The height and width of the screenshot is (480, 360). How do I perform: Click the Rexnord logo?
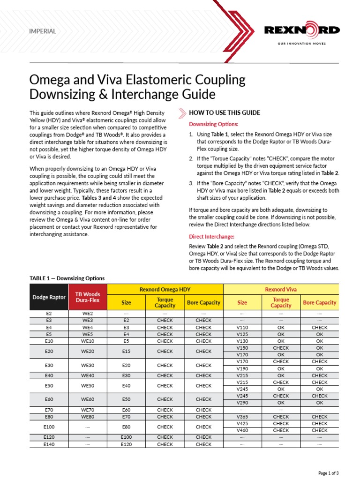click(x=302, y=31)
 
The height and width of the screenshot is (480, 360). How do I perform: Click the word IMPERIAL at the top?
click(x=43, y=31)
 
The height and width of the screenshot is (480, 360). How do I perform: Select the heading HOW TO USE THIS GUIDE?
click(x=224, y=113)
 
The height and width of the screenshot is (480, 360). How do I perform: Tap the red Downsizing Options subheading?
click(x=213, y=124)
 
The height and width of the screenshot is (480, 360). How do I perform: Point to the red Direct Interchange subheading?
click(x=212, y=237)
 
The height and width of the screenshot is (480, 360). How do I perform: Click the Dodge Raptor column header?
click(x=49, y=297)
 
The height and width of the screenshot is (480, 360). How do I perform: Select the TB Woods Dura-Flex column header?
click(x=88, y=297)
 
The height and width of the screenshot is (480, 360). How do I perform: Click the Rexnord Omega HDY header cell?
click(x=165, y=289)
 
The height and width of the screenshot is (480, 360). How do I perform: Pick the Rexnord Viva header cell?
click(x=281, y=289)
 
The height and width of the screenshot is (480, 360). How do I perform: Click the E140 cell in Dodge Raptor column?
click(x=49, y=444)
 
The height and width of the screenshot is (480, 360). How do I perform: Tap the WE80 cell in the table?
click(x=88, y=416)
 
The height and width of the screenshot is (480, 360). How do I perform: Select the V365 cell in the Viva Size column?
click(x=242, y=416)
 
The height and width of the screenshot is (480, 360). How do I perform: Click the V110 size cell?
click(x=242, y=327)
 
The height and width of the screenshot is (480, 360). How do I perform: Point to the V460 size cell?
click(x=242, y=430)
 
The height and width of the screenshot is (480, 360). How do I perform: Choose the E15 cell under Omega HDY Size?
click(x=126, y=351)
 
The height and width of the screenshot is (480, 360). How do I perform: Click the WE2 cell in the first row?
click(x=88, y=313)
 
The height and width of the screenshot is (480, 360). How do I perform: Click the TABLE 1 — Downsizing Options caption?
click(x=67, y=278)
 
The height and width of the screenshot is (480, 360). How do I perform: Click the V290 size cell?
click(x=242, y=403)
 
